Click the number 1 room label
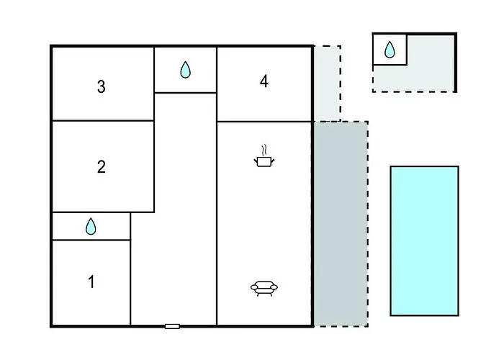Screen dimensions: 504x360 pos(91,282)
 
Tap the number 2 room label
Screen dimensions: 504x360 pos(102,167)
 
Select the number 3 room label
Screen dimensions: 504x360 pos(102,86)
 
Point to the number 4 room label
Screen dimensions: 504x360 pos(264,81)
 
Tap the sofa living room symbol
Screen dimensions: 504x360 pos(264,288)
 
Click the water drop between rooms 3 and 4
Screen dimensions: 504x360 pos(186,70)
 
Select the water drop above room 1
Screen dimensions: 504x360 pos(91,226)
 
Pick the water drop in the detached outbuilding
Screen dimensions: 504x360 pos(390,50)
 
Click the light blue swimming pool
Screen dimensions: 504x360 pos(425,240)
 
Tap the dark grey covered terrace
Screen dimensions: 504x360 pos(341,224)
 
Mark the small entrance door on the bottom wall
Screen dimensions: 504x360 pos(172,327)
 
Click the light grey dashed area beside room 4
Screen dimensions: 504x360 pos(327,84)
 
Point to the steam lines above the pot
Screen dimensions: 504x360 pos(264,150)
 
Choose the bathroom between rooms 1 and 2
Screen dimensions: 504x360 pos(91,226)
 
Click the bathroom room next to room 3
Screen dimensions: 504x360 pos(186,70)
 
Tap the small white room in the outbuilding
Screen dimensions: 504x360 pos(390,50)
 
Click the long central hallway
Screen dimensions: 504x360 pos(186,209)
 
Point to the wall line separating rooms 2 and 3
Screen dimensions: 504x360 pos(103,120)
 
